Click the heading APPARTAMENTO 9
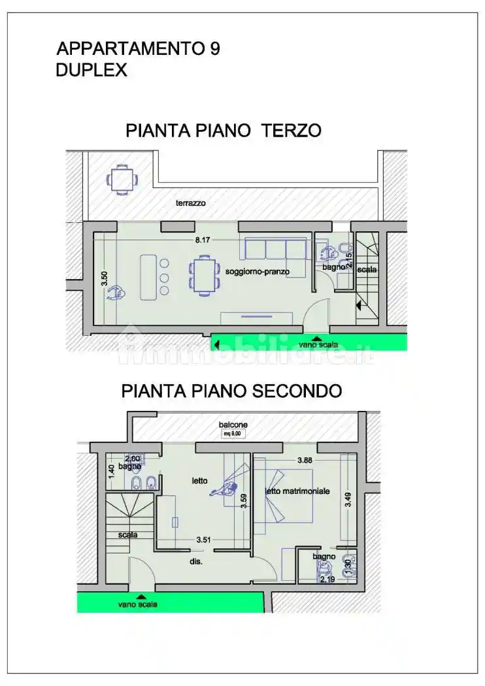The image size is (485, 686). tap(139, 49)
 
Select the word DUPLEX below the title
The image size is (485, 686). tap(92, 71)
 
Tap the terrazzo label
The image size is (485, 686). tap(190, 203)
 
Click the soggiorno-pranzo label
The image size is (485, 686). tap(257, 271)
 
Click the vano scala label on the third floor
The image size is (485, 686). tap(318, 344)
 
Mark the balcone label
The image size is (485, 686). tap(233, 425)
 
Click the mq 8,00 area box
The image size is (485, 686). tap(233, 433)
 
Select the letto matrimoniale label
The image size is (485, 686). tap(297, 491)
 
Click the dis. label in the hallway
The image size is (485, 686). tap(196, 561)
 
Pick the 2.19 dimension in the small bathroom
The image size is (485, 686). tap(327, 579)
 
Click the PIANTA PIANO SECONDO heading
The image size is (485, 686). tap(231, 391)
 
